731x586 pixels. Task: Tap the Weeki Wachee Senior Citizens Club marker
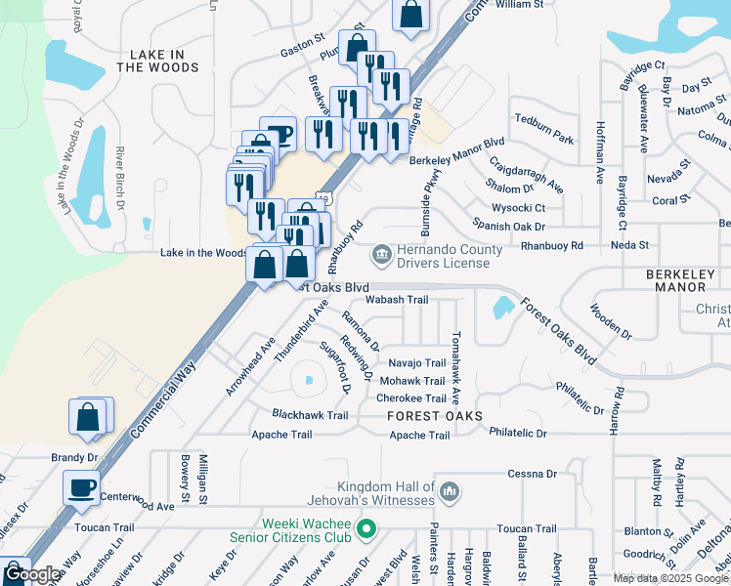pyautogui.click(x=366, y=530)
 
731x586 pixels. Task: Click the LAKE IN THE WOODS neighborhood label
pyautogui.click(x=157, y=62)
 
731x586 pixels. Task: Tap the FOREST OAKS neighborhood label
pyautogui.click(x=435, y=416)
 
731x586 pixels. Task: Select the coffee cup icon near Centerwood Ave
pyautogui.click(x=81, y=486)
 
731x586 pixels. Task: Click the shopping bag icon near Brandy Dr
pyautogui.click(x=88, y=415)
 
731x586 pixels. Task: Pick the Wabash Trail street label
pyautogui.click(x=399, y=300)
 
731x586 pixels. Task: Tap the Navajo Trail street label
pyautogui.click(x=416, y=363)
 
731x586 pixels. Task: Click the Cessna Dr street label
pyautogui.click(x=532, y=474)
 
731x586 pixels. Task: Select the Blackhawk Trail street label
pyautogui.click(x=310, y=415)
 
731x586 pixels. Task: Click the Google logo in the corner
pyautogui.click(x=32, y=575)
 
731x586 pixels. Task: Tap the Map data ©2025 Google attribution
pyautogui.click(x=669, y=578)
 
